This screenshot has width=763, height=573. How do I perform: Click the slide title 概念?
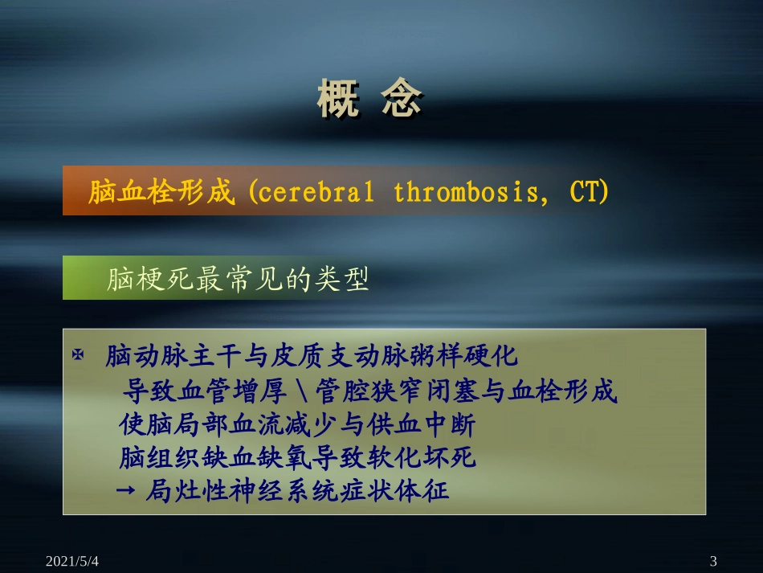[369, 100]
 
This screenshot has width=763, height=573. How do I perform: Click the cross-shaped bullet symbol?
[78, 354]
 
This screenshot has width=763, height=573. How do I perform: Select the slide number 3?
[713, 560]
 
